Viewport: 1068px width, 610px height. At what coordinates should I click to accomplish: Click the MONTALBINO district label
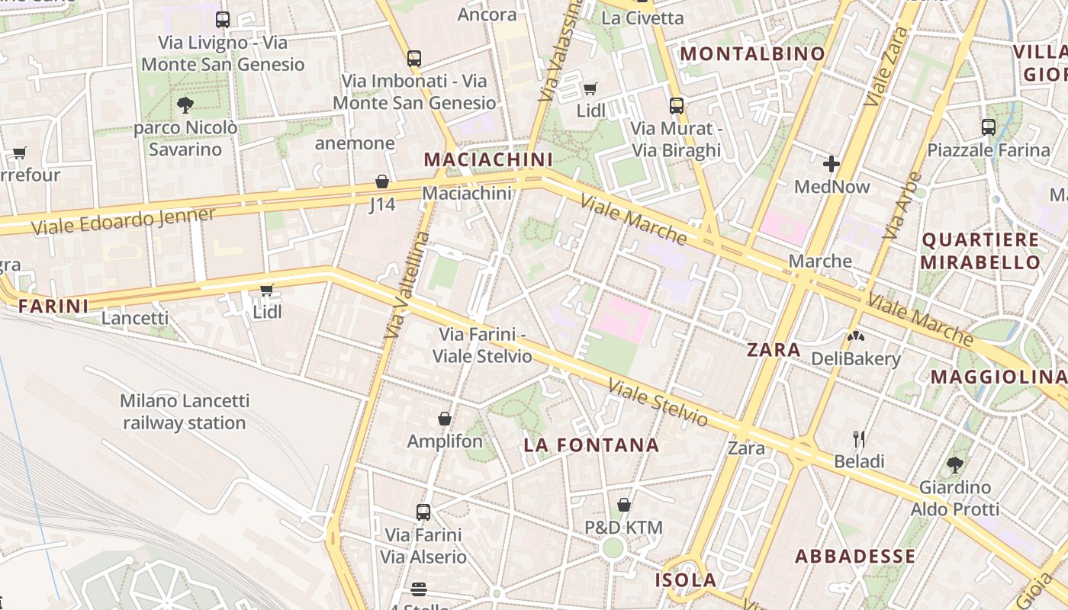coord(752,54)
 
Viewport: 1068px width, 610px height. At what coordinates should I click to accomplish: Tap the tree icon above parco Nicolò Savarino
coord(185,105)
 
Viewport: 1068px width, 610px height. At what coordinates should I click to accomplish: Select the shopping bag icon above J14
coord(382,181)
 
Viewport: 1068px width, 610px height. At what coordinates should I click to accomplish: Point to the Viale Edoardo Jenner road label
coord(124,220)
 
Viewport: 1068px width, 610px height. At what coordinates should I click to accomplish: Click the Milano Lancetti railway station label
coord(185,412)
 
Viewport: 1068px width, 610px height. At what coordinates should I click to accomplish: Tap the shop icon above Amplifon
coord(445,419)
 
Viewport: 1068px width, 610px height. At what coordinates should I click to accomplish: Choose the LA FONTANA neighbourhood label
coord(591,445)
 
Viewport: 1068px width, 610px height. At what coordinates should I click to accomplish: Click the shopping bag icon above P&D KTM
coord(624,505)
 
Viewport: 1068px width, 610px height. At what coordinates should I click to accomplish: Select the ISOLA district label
coord(686,580)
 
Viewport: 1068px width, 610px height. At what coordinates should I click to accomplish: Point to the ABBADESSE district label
coord(855,557)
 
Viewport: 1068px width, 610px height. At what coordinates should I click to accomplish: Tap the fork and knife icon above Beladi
coord(859,438)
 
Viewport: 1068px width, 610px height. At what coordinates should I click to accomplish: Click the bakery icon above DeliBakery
coord(856,335)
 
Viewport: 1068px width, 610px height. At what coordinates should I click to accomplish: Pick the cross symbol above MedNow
coord(832,163)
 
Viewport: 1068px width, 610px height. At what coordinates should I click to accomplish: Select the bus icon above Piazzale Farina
coord(989,127)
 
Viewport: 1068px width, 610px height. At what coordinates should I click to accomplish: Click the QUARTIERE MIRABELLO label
coord(980,252)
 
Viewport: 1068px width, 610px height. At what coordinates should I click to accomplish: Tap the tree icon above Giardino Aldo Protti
coord(954,464)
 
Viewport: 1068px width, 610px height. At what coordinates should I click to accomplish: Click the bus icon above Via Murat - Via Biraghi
coord(676,106)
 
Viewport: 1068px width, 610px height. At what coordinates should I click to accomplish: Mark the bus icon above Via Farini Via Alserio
coord(423,512)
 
